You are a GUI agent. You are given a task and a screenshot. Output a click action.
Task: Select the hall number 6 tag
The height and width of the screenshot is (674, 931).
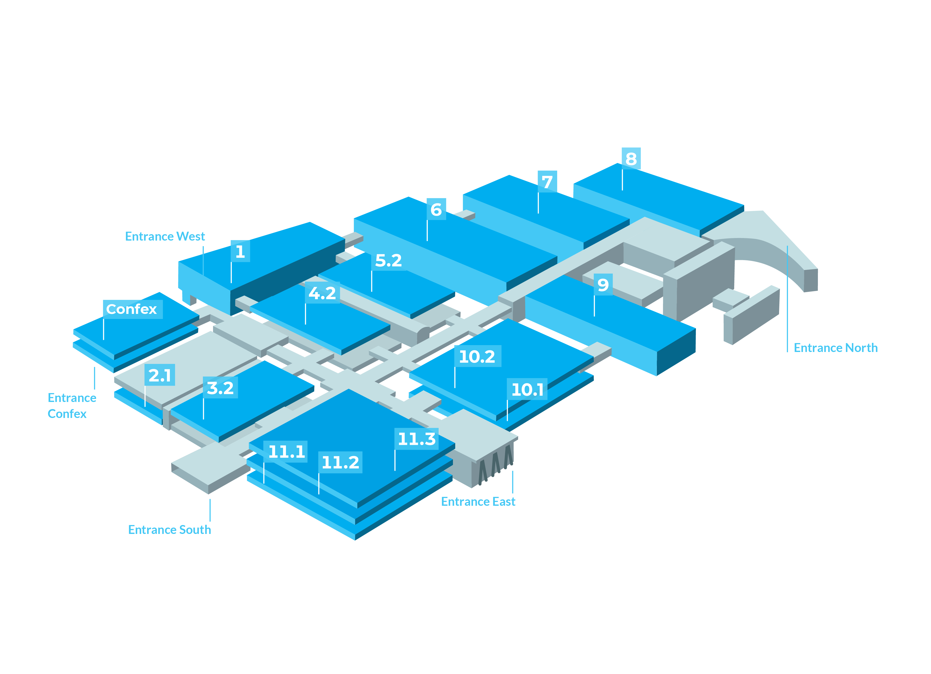click(x=436, y=209)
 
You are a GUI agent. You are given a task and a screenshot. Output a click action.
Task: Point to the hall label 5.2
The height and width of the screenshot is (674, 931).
click(x=388, y=260)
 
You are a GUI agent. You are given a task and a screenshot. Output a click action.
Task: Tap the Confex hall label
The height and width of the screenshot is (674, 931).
click(x=132, y=309)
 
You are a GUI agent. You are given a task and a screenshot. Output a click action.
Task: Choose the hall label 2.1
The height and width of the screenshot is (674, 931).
click(x=160, y=375)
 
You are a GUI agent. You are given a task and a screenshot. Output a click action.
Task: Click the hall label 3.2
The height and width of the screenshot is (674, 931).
click(x=220, y=388)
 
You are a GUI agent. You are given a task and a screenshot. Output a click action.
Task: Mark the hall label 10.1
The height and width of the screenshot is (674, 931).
click(x=528, y=389)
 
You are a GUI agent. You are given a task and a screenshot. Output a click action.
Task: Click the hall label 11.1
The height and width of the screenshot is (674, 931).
click(x=287, y=452)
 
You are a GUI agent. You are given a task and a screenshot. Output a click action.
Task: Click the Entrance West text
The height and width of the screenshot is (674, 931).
click(x=165, y=237)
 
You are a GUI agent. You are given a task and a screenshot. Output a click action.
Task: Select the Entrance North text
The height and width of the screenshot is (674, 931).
click(x=835, y=348)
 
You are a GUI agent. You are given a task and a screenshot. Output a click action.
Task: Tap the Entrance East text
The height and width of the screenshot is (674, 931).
click(x=478, y=501)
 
